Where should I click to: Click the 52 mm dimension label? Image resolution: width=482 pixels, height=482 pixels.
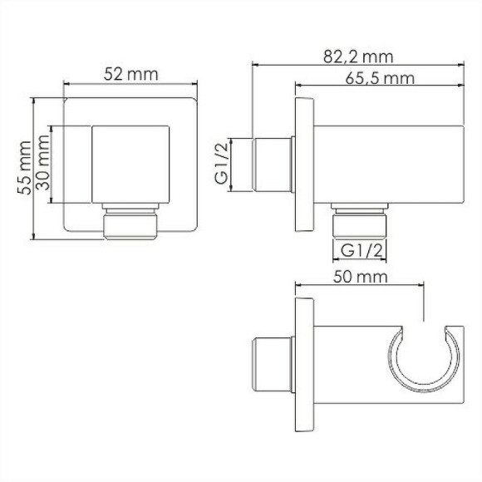(131, 74)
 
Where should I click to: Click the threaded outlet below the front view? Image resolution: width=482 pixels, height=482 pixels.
(131, 225)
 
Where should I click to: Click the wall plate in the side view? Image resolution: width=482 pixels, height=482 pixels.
(304, 165)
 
